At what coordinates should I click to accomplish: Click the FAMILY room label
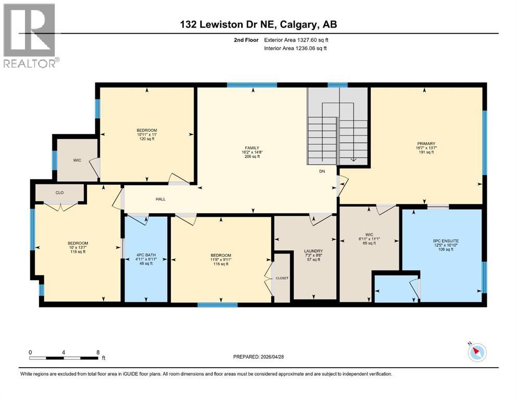tap(253, 148)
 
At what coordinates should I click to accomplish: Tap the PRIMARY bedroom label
tap(425, 144)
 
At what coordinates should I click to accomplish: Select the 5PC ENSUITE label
tap(442, 241)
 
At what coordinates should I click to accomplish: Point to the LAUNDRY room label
tap(314, 251)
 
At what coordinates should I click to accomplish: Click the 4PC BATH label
tap(145, 255)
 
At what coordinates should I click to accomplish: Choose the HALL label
tap(160, 199)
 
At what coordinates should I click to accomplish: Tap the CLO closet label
tap(59, 193)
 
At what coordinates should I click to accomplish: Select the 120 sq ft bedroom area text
tap(146, 139)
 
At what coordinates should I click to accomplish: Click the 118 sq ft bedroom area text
tap(78, 252)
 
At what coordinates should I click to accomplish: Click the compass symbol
tap(476, 352)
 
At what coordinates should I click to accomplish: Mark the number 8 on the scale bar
tap(97, 352)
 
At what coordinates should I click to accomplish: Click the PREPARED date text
tap(258, 357)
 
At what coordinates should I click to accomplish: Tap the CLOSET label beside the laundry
tap(282, 278)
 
